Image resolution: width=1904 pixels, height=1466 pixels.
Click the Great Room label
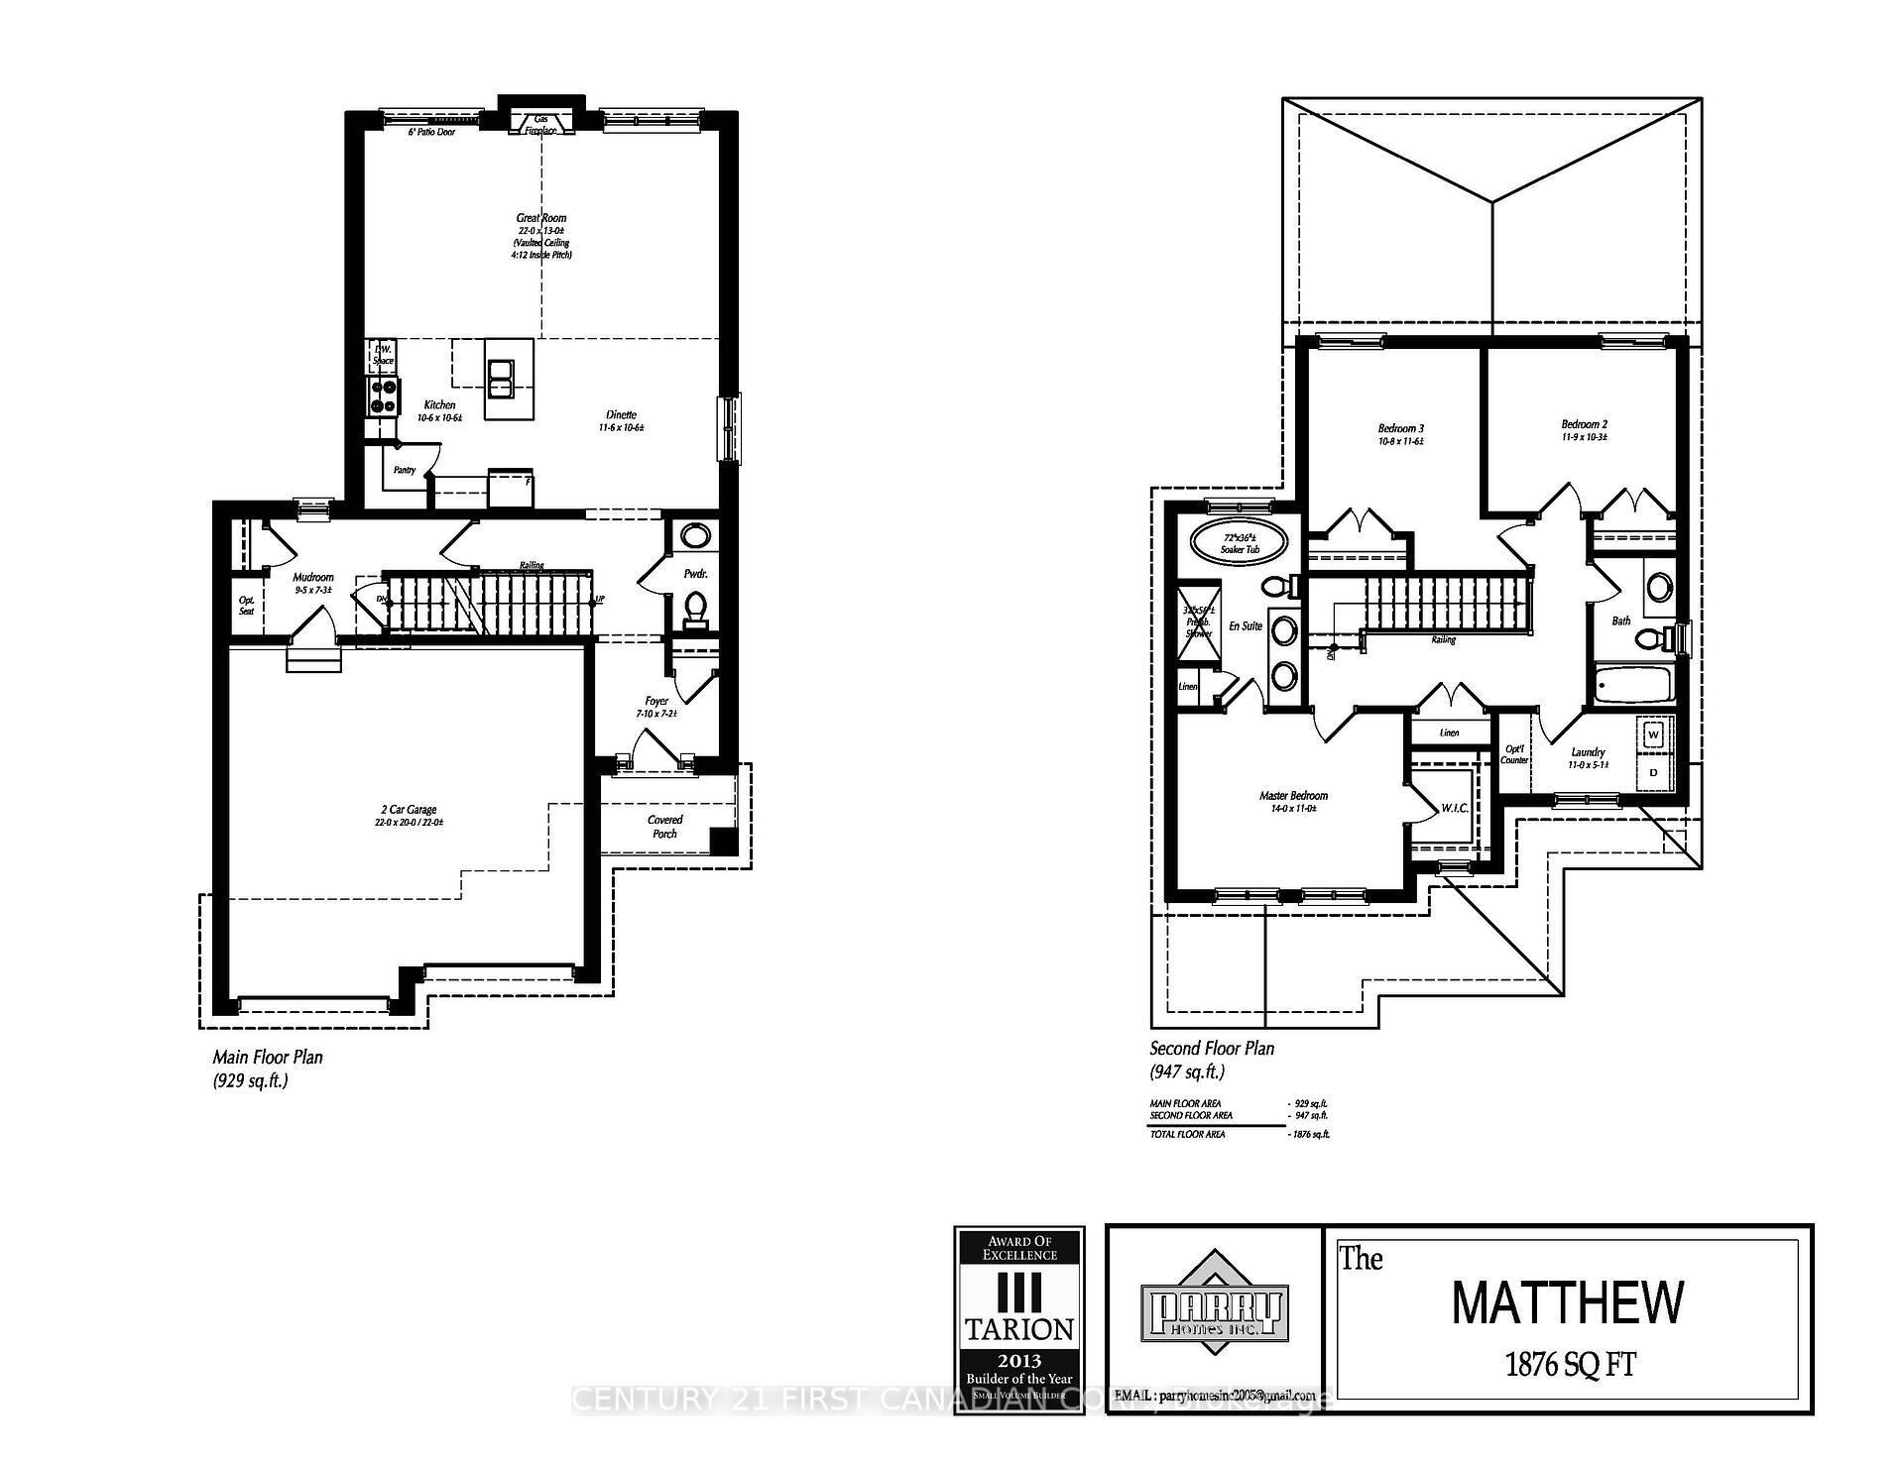coord(541,218)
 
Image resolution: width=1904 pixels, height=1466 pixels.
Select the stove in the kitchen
coord(383,396)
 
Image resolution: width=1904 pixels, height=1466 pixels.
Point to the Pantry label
coord(404,470)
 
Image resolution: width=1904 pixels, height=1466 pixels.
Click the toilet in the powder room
coord(696,608)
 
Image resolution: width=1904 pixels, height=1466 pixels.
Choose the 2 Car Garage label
coord(406,810)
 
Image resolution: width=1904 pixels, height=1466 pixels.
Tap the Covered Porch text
coord(664,827)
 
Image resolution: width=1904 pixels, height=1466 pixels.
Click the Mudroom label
coord(313,577)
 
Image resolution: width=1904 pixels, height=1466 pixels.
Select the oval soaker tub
coord(1239,542)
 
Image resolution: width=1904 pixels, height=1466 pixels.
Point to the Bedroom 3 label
coord(1400,428)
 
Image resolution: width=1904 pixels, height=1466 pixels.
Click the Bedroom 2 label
coord(1584,424)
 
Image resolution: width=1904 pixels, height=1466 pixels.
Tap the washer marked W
coord(1653,735)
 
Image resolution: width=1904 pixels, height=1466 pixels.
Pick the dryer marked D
coord(1653,771)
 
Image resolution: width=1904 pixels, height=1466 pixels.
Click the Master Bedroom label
coord(1293,795)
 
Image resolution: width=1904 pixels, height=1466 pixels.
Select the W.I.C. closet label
coord(1454,809)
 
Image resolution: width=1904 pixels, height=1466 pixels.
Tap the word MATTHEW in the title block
coord(1567,1303)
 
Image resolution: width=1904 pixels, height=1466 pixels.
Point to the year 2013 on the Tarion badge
coord(1019,1361)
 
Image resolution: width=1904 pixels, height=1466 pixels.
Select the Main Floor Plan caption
coord(268,1058)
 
